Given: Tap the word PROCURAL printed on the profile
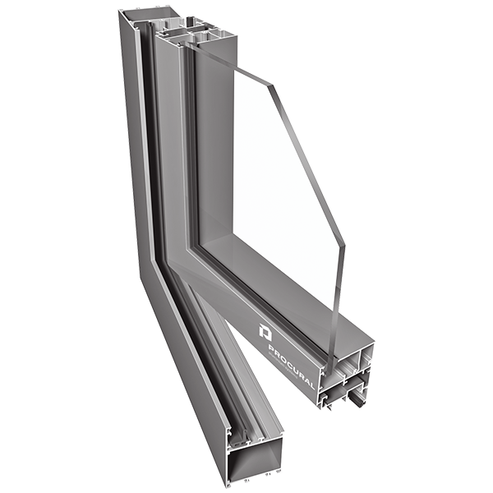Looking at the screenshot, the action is [291, 367].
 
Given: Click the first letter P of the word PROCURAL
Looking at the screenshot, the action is [272, 348].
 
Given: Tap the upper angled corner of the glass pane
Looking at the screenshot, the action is [272, 85].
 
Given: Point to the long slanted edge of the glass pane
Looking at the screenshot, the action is [308, 166].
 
